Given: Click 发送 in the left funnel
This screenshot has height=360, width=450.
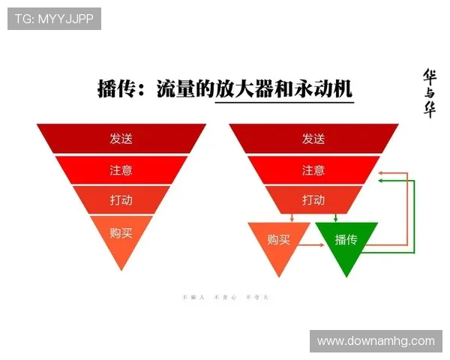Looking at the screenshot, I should click(121, 139).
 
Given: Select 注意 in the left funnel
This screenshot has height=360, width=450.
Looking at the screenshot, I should click(121, 170).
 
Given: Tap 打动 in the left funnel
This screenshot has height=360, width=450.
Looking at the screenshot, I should click(121, 201).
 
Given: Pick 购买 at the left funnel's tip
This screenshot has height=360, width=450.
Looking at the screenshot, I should click(121, 233).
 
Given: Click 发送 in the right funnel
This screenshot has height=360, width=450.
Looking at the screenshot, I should click(313, 139).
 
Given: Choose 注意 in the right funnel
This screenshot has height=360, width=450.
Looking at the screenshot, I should click(313, 170).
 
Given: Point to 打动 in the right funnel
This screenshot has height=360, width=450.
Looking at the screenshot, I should click(313, 201).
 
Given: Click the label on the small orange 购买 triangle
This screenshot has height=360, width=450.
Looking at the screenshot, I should click(278, 240).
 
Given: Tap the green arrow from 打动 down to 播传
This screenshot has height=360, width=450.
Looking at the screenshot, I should click(335, 217).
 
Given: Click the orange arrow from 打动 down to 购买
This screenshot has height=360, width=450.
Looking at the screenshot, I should click(291, 217).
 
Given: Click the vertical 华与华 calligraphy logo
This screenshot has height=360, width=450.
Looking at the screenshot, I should click(430, 93).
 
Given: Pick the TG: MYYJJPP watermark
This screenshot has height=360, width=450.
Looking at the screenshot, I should click(54, 19).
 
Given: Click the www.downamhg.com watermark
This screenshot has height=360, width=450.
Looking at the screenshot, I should click(375, 341).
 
